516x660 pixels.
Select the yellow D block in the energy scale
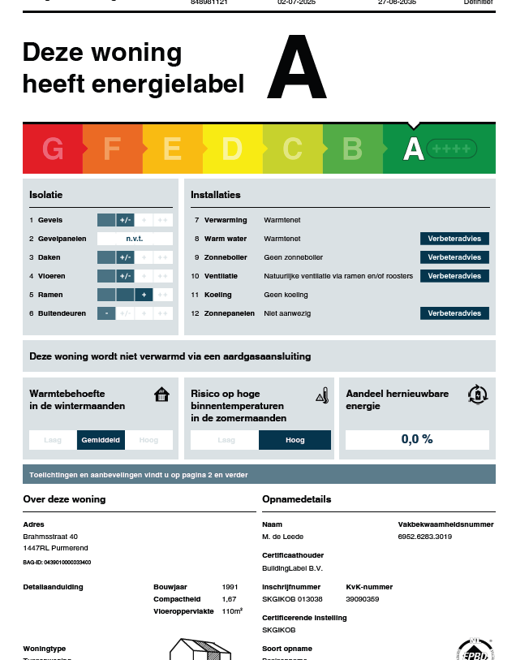(x=232, y=149)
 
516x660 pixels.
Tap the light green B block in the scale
(x=352, y=149)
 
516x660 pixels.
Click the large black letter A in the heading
(x=296, y=69)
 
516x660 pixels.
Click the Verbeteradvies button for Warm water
(x=454, y=239)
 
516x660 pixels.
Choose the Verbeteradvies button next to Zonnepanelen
(x=454, y=313)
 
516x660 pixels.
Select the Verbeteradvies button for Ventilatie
(x=454, y=276)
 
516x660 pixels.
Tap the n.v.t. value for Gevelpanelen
(x=135, y=239)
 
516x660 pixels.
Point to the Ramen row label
(x=50, y=295)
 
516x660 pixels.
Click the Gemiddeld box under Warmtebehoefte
(x=101, y=440)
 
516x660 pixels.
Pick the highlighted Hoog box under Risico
(x=295, y=440)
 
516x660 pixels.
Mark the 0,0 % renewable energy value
(x=417, y=439)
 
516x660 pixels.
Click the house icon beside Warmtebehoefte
(x=162, y=395)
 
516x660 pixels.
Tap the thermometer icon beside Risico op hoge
(x=322, y=395)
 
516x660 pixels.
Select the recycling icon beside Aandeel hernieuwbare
(x=478, y=395)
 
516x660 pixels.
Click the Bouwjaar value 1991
(x=230, y=586)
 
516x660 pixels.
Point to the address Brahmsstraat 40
(x=50, y=537)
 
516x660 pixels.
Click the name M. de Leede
(x=282, y=537)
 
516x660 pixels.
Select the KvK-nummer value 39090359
(x=362, y=598)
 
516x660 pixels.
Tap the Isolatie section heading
(x=46, y=195)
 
